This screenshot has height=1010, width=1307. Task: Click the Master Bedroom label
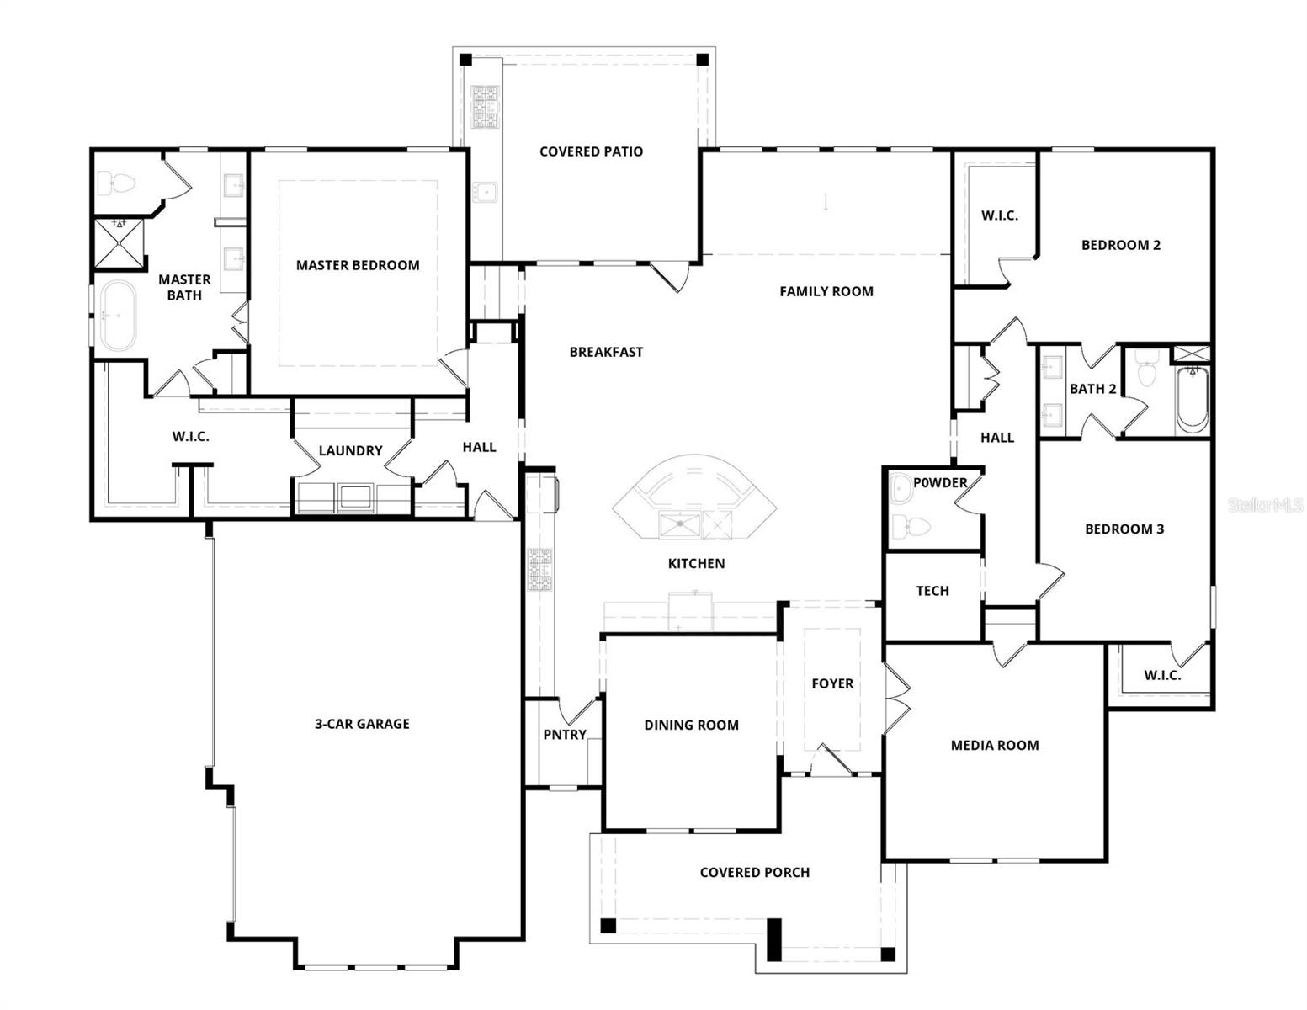(358, 265)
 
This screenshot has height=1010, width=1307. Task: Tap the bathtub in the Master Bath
(118, 316)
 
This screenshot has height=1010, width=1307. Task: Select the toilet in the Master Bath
(117, 183)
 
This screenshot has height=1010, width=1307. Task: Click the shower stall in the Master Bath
(120, 243)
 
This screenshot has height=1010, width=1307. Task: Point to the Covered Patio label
(592, 151)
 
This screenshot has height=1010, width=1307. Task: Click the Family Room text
(826, 292)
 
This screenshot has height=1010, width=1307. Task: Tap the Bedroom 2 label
(1121, 246)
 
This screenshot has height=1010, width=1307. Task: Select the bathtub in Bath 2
(1192, 400)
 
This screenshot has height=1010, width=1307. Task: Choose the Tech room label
(932, 592)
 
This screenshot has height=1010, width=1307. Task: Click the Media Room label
(995, 746)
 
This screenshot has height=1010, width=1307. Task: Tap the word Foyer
(832, 684)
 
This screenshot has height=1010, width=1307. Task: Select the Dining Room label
(692, 726)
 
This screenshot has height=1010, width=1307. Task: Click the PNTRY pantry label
(565, 735)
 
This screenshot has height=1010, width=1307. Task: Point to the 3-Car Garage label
(362, 725)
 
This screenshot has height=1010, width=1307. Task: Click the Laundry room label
(351, 451)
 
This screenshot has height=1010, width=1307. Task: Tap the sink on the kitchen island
(680, 524)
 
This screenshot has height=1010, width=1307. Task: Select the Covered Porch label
(755, 873)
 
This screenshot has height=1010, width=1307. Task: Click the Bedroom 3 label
(1124, 529)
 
